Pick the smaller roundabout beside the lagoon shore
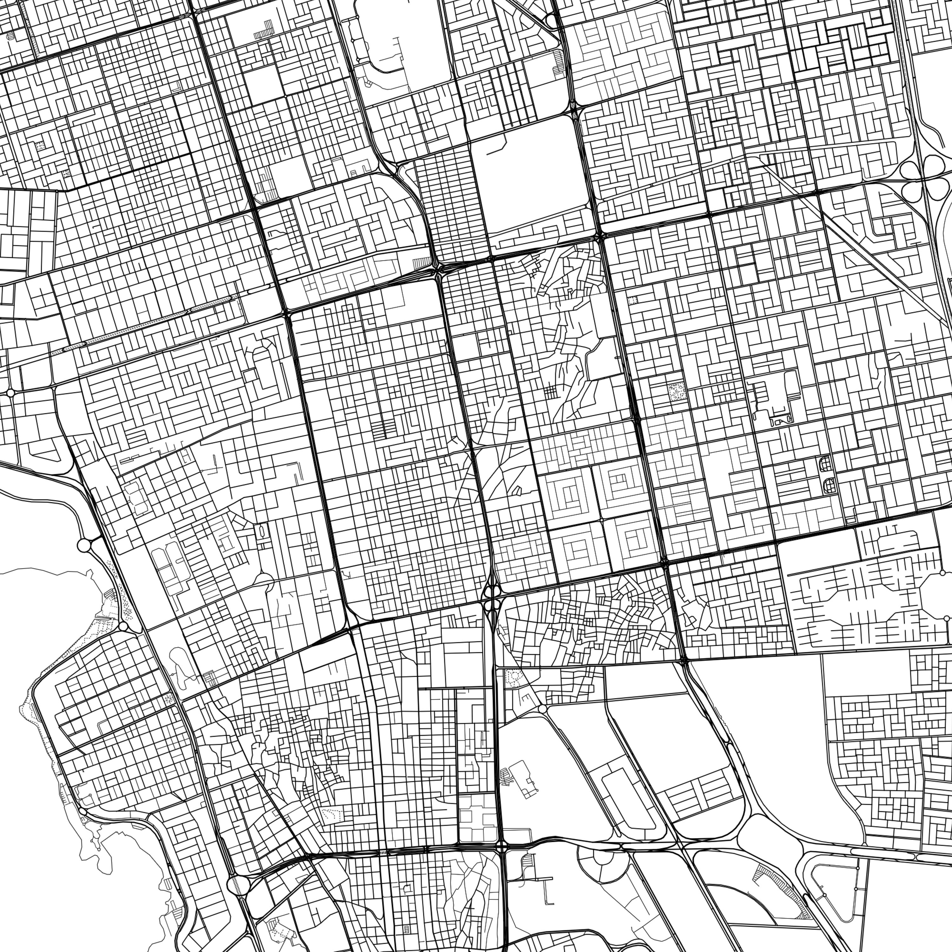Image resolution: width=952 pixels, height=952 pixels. click(123, 626)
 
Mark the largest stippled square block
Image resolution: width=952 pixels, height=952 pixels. click(677, 392)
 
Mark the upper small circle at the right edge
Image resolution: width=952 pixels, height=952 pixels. click(942, 573)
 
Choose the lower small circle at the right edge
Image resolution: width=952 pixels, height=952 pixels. click(947, 618)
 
